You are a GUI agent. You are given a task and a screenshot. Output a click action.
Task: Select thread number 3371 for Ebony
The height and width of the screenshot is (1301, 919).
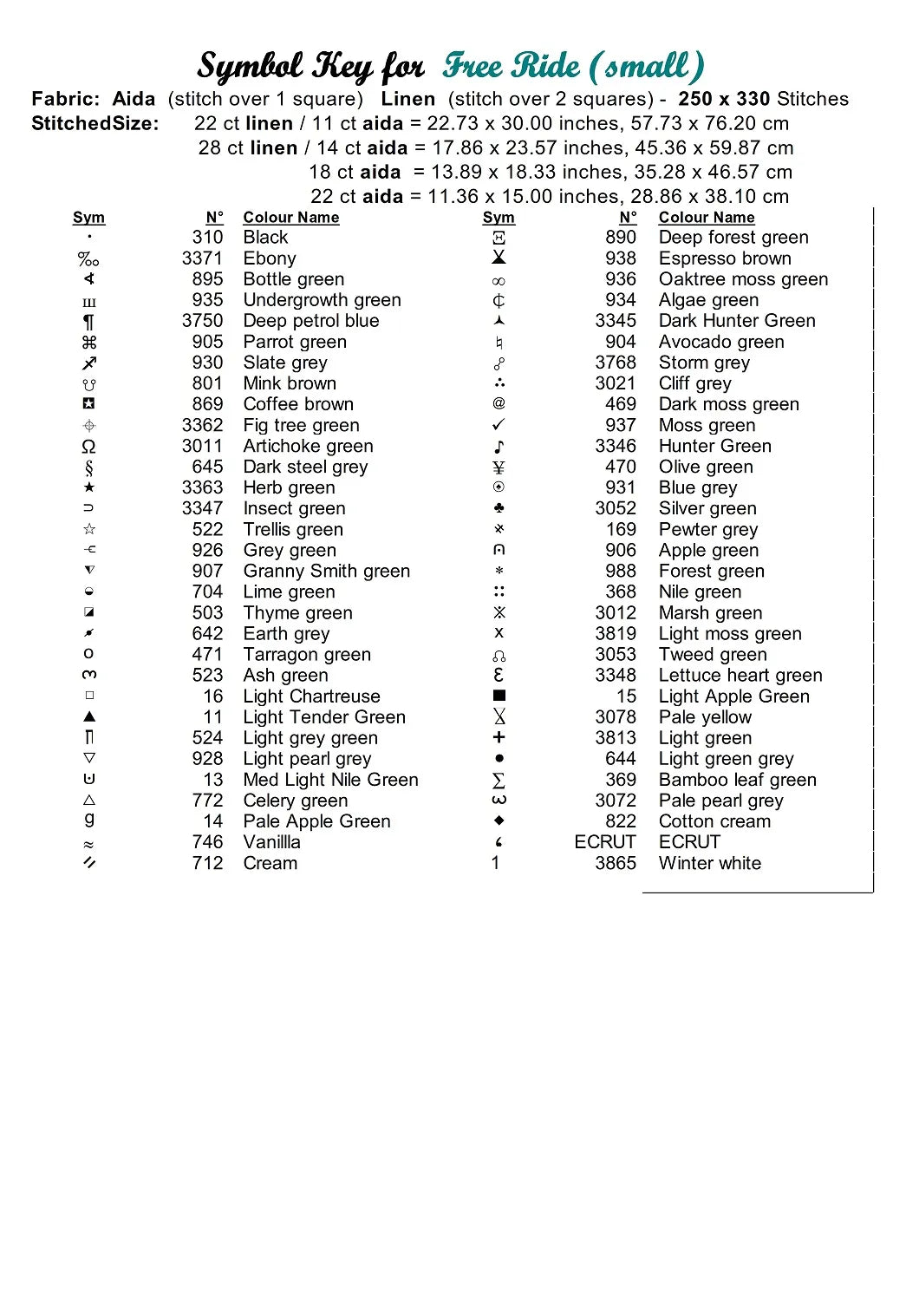202,258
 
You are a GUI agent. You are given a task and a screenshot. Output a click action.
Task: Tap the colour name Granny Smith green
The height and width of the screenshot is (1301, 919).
326,571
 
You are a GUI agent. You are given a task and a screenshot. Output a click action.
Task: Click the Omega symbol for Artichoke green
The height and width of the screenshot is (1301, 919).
88,447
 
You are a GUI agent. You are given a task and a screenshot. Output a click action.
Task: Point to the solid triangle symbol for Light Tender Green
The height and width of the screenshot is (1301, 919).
89,717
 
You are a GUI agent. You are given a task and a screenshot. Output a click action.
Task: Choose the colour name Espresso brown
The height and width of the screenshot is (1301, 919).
725,258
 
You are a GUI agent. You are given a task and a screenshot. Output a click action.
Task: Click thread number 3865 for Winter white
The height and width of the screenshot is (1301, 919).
616,863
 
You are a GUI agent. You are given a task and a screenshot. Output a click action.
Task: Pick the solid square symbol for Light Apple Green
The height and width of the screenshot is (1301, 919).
499,696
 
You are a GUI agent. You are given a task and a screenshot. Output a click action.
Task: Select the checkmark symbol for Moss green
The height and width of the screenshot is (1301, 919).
499,425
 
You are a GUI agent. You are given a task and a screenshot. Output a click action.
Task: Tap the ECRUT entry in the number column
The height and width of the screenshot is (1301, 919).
605,842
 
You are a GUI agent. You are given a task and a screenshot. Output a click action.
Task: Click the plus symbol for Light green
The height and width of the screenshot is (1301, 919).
499,737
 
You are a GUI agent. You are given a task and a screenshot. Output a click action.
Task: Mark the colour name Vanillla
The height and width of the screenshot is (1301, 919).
271,842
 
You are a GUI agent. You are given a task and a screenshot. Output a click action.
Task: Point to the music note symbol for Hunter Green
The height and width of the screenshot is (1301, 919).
499,447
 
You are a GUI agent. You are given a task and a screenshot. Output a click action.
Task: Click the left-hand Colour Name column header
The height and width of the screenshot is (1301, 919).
290,218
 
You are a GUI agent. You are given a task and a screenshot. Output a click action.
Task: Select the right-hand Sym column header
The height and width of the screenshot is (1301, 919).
499,218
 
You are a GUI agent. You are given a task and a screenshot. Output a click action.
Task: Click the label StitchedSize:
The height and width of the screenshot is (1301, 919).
95,123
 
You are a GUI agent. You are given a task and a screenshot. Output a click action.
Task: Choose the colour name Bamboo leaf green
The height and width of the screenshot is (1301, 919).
737,780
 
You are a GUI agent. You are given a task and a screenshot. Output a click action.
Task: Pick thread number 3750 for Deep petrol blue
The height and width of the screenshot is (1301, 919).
202,321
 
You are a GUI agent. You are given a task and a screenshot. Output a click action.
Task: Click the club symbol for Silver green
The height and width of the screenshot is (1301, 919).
499,508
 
